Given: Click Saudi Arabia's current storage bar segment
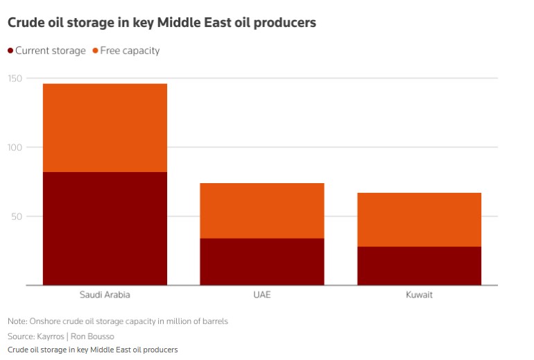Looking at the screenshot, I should point(105,228).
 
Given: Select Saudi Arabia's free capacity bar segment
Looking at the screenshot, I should point(105,128).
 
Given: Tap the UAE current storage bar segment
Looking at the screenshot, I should point(261,262).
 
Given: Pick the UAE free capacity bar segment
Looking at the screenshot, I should point(261,211).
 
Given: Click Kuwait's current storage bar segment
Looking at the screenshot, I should point(418,266).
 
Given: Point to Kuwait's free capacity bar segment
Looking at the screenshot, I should point(418,219).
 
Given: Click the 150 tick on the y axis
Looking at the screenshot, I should point(15,78).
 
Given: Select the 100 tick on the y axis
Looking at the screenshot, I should point(15,147).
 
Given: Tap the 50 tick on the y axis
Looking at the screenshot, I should point(17,216).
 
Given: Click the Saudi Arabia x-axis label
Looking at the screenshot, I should point(105,295).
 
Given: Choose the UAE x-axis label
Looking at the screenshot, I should point(261,295).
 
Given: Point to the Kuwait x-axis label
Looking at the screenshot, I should point(419,295).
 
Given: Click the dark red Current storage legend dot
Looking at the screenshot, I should point(10,51).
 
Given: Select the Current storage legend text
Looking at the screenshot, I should point(51,51).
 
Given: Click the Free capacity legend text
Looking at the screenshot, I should point(130,51).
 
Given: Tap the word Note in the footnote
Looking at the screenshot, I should point(17,322).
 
